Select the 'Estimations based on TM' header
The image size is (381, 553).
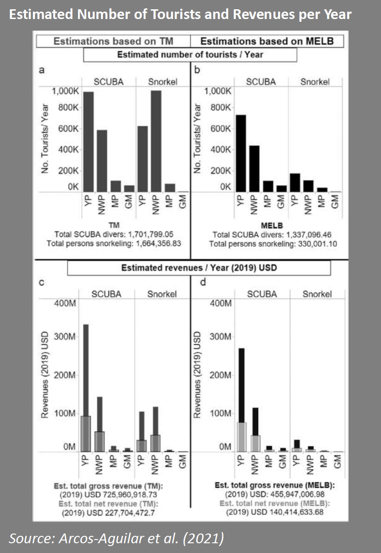(x=113, y=41)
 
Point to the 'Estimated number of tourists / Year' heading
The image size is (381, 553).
(x=190, y=55)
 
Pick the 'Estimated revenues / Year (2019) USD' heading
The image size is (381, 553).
(x=199, y=268)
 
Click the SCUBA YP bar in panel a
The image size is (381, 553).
(x=88, y=141)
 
